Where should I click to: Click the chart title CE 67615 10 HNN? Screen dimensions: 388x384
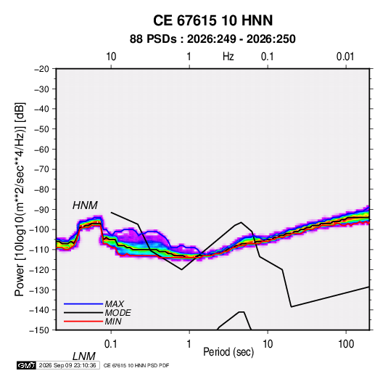212,20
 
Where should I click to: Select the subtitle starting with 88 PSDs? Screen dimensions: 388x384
212,39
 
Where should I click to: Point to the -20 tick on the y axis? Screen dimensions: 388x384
41,69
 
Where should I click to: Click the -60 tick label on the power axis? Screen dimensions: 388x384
41,149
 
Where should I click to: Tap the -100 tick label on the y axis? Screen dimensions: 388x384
39,229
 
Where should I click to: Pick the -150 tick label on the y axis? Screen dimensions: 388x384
39,330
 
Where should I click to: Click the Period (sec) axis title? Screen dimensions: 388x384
228,352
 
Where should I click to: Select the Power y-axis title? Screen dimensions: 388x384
20,200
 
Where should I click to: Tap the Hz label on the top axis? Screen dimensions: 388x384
228,57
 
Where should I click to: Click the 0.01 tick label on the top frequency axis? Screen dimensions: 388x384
345,57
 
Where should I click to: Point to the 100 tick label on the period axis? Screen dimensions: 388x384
346,344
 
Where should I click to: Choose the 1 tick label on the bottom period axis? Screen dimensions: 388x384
189,344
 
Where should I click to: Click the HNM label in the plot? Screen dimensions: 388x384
85,205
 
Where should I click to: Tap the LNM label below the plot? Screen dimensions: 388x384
84,356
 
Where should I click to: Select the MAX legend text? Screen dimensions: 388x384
115,303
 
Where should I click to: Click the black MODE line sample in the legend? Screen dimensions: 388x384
83,313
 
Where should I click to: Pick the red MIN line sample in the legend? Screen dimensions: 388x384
83,322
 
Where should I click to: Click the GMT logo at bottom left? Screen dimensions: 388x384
27,365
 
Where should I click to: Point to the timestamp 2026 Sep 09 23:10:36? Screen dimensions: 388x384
67,365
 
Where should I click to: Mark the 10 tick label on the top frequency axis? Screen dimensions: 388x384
111,57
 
